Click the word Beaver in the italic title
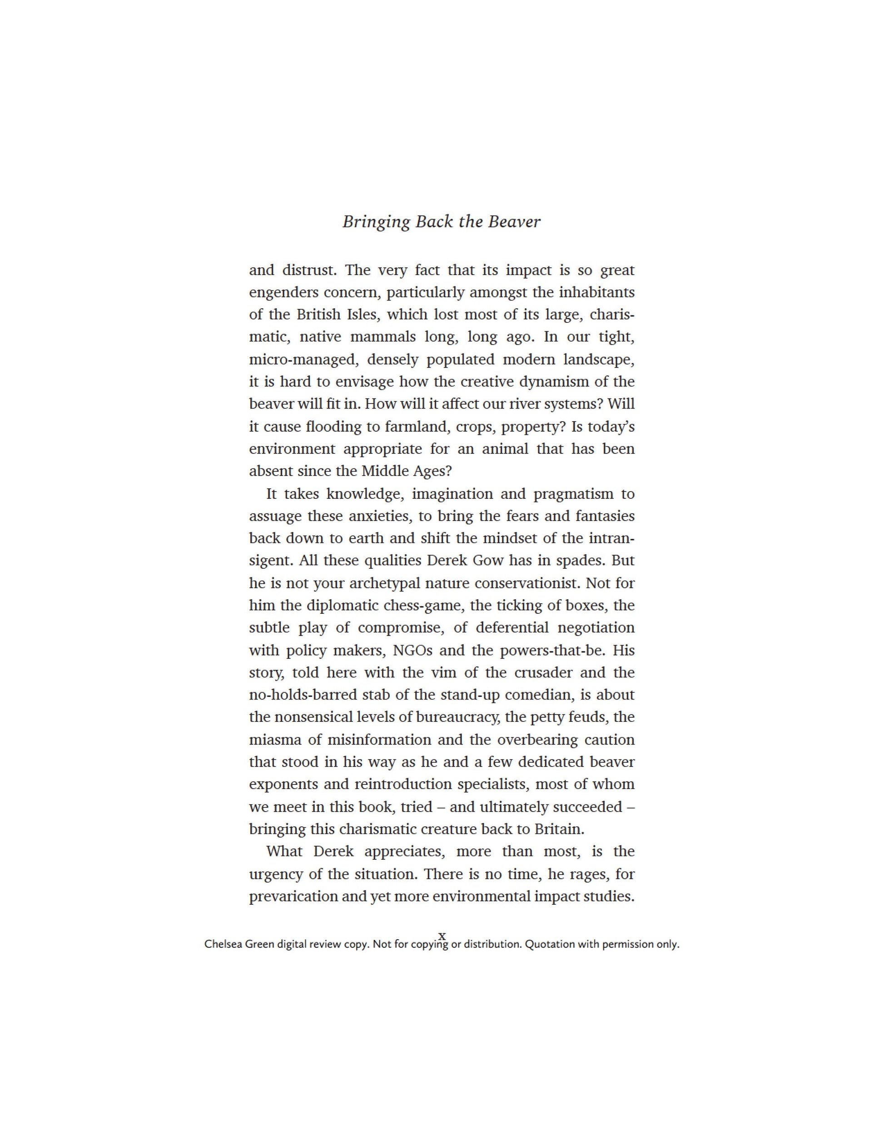tap(514, 222)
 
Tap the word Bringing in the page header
tap(376, 222)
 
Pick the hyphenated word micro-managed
tap(304, 360)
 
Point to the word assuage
tap(275, 517)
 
